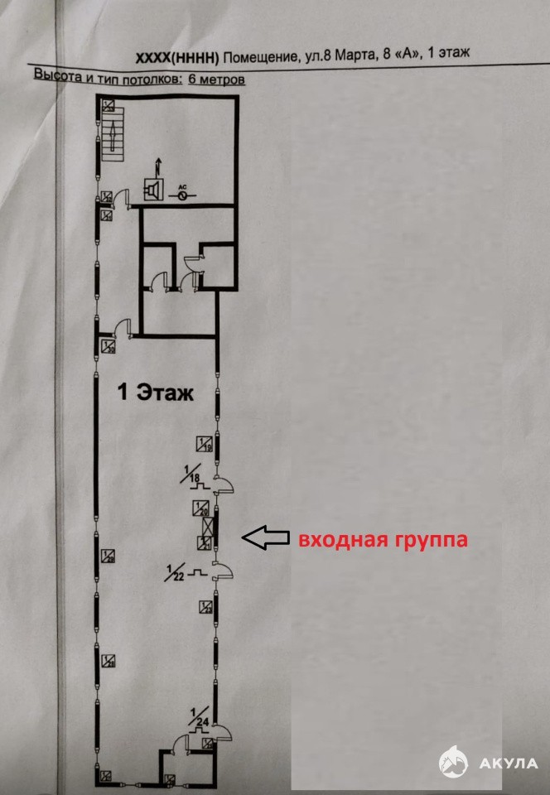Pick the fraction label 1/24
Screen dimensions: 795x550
click(x=196, y=716)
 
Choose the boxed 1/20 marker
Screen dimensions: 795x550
click(x=200, y=507)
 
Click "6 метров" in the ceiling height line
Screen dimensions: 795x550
click(x=216, y=79)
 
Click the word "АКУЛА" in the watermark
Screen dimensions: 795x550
click(x=509, y=763)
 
